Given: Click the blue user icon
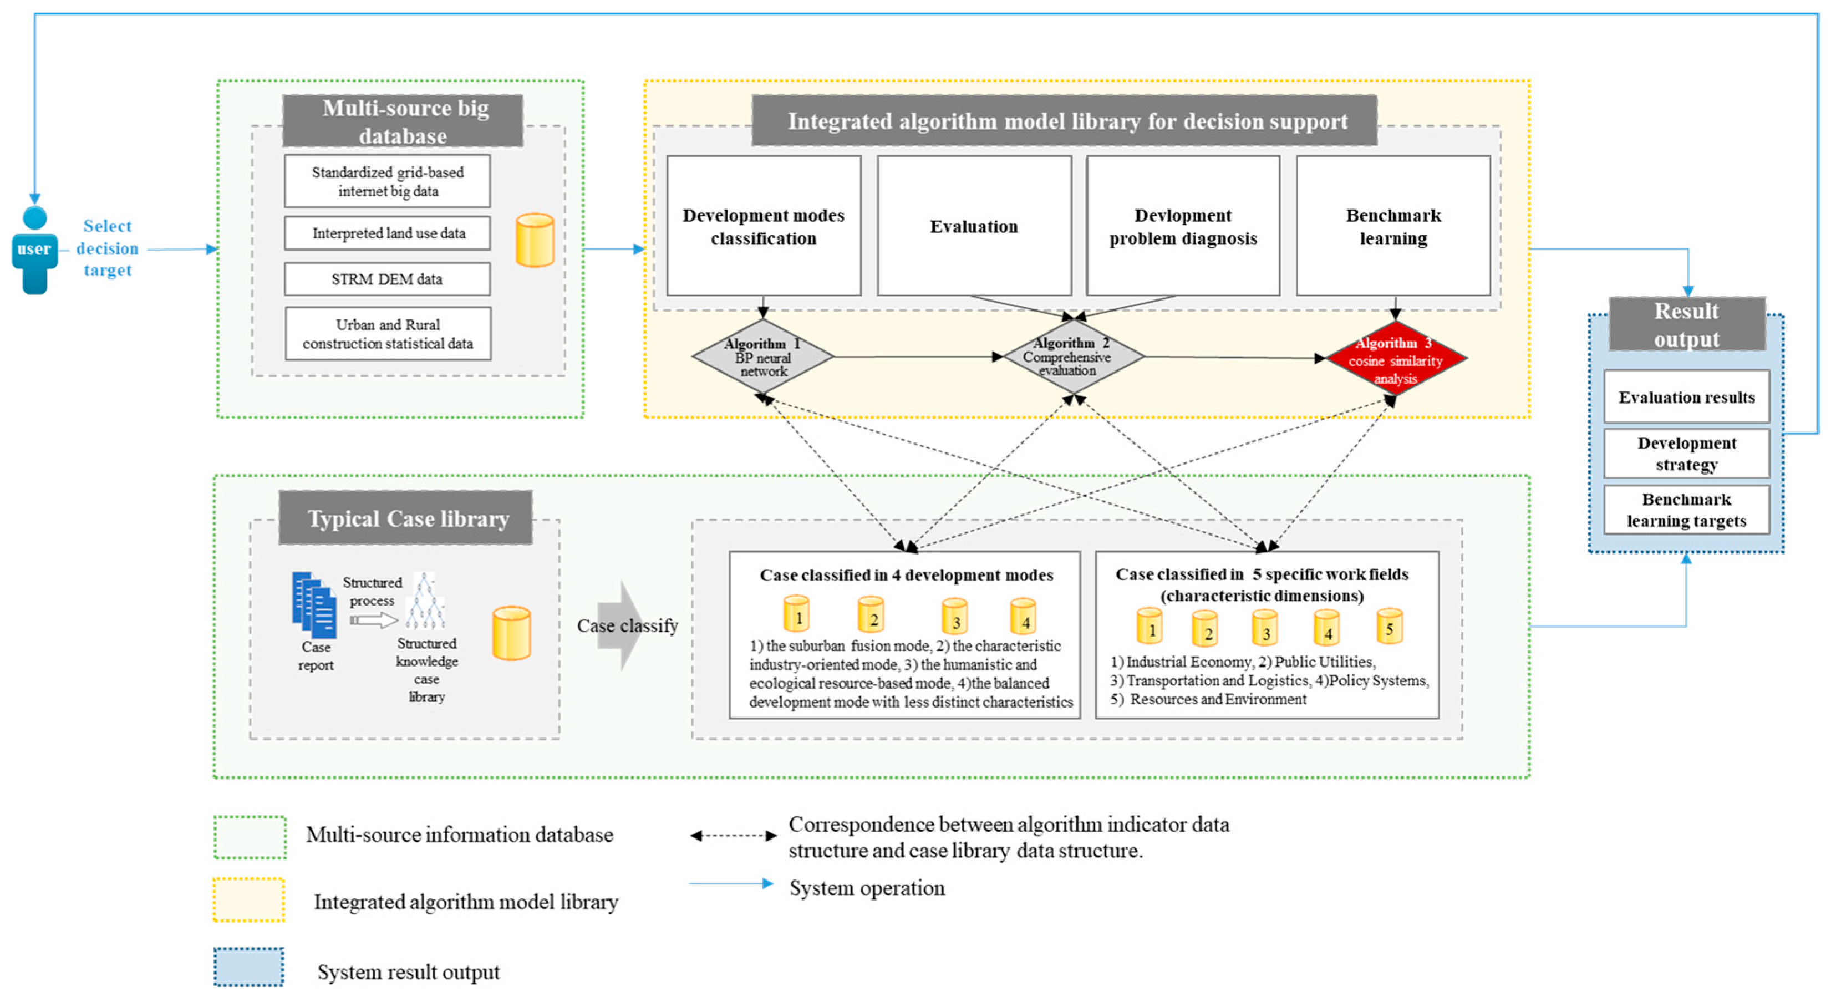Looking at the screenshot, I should [34, 250].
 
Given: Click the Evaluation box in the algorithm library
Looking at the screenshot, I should [974, 226].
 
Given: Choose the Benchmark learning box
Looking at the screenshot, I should [1393, 226].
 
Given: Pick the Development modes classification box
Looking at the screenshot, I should [764, 226].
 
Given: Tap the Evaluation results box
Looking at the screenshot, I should [1686, 396].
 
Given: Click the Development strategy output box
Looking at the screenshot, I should [1686, 454].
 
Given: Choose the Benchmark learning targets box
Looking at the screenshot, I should [1686, 510].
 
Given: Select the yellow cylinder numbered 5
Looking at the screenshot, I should [1389, 626].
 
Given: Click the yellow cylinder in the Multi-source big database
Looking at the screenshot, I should [535, 240].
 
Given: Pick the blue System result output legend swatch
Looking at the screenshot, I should [249, 967].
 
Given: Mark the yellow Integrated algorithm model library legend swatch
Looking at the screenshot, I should [249, 899].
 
